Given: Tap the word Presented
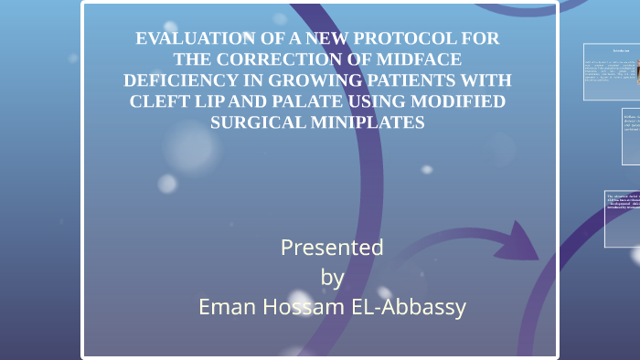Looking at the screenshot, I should point(332,248).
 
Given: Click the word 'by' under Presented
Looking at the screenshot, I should point(333,277).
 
